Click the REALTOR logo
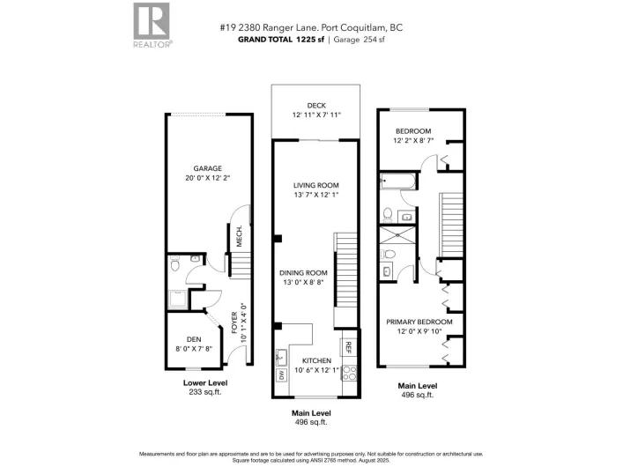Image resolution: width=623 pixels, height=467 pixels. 152,24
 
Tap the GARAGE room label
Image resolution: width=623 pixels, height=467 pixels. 208,168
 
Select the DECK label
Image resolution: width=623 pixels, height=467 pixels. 315,105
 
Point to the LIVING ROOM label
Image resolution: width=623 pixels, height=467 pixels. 315,185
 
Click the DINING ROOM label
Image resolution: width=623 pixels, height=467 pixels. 304,272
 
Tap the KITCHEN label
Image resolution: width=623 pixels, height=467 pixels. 315,361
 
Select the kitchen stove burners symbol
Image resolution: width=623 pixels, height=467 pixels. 347,374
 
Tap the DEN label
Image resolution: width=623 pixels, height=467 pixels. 194,339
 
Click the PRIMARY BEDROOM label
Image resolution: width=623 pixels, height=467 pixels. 419,322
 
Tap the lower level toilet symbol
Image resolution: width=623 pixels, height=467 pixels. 174,263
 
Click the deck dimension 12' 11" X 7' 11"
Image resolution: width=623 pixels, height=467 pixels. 315,115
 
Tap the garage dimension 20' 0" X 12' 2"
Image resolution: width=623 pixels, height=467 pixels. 208,179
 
